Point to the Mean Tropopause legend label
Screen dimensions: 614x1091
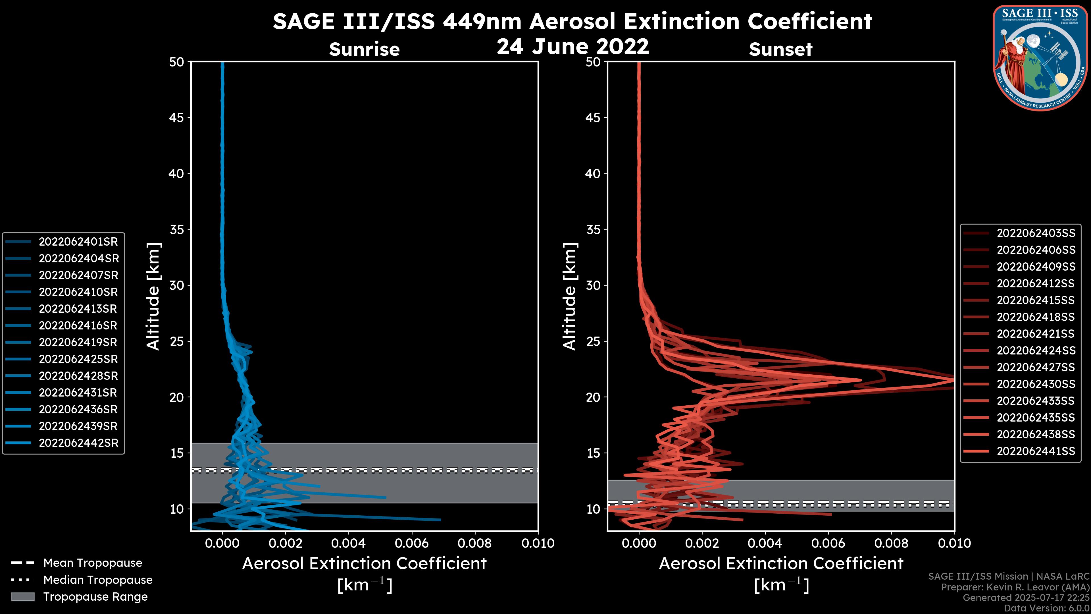[x=93, y=563]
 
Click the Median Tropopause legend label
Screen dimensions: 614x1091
[x=98, y=580]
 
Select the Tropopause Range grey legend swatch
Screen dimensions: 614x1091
[x=22, y=597]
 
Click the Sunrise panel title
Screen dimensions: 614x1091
[x=364, y=49]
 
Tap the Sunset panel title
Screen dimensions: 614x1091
[x=780, y=49]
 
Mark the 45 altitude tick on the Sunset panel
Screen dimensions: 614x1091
[x=593, y=118]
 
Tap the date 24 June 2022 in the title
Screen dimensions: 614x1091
[x=572, y=47]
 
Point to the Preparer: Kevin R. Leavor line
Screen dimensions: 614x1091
[x=1015, y=587]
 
